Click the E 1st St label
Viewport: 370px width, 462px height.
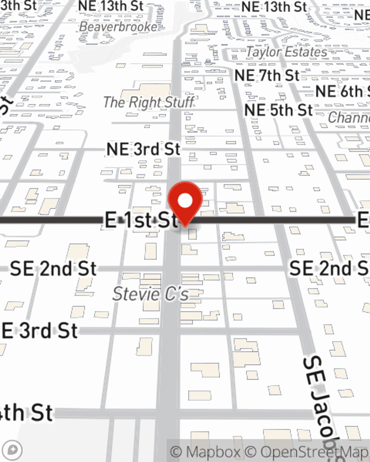point(141,220)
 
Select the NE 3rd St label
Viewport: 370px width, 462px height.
point(143,149)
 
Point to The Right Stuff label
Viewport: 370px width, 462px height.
point(148,102)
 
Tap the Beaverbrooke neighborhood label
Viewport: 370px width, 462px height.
point(118,27)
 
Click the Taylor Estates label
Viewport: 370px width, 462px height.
point(287,52)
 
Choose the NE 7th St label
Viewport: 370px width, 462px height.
point(267,76)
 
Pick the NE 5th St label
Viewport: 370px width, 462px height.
point(279,110)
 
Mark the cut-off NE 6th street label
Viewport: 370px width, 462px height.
point(342,92)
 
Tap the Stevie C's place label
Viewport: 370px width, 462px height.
point(151,294)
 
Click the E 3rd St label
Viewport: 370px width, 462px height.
point(40,331)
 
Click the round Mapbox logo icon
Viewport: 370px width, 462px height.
point(13,450)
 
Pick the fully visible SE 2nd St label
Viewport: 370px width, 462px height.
point(53,269)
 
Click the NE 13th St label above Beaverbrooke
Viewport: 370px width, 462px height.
point(111,6)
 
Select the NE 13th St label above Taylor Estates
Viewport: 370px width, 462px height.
point(274,7)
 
